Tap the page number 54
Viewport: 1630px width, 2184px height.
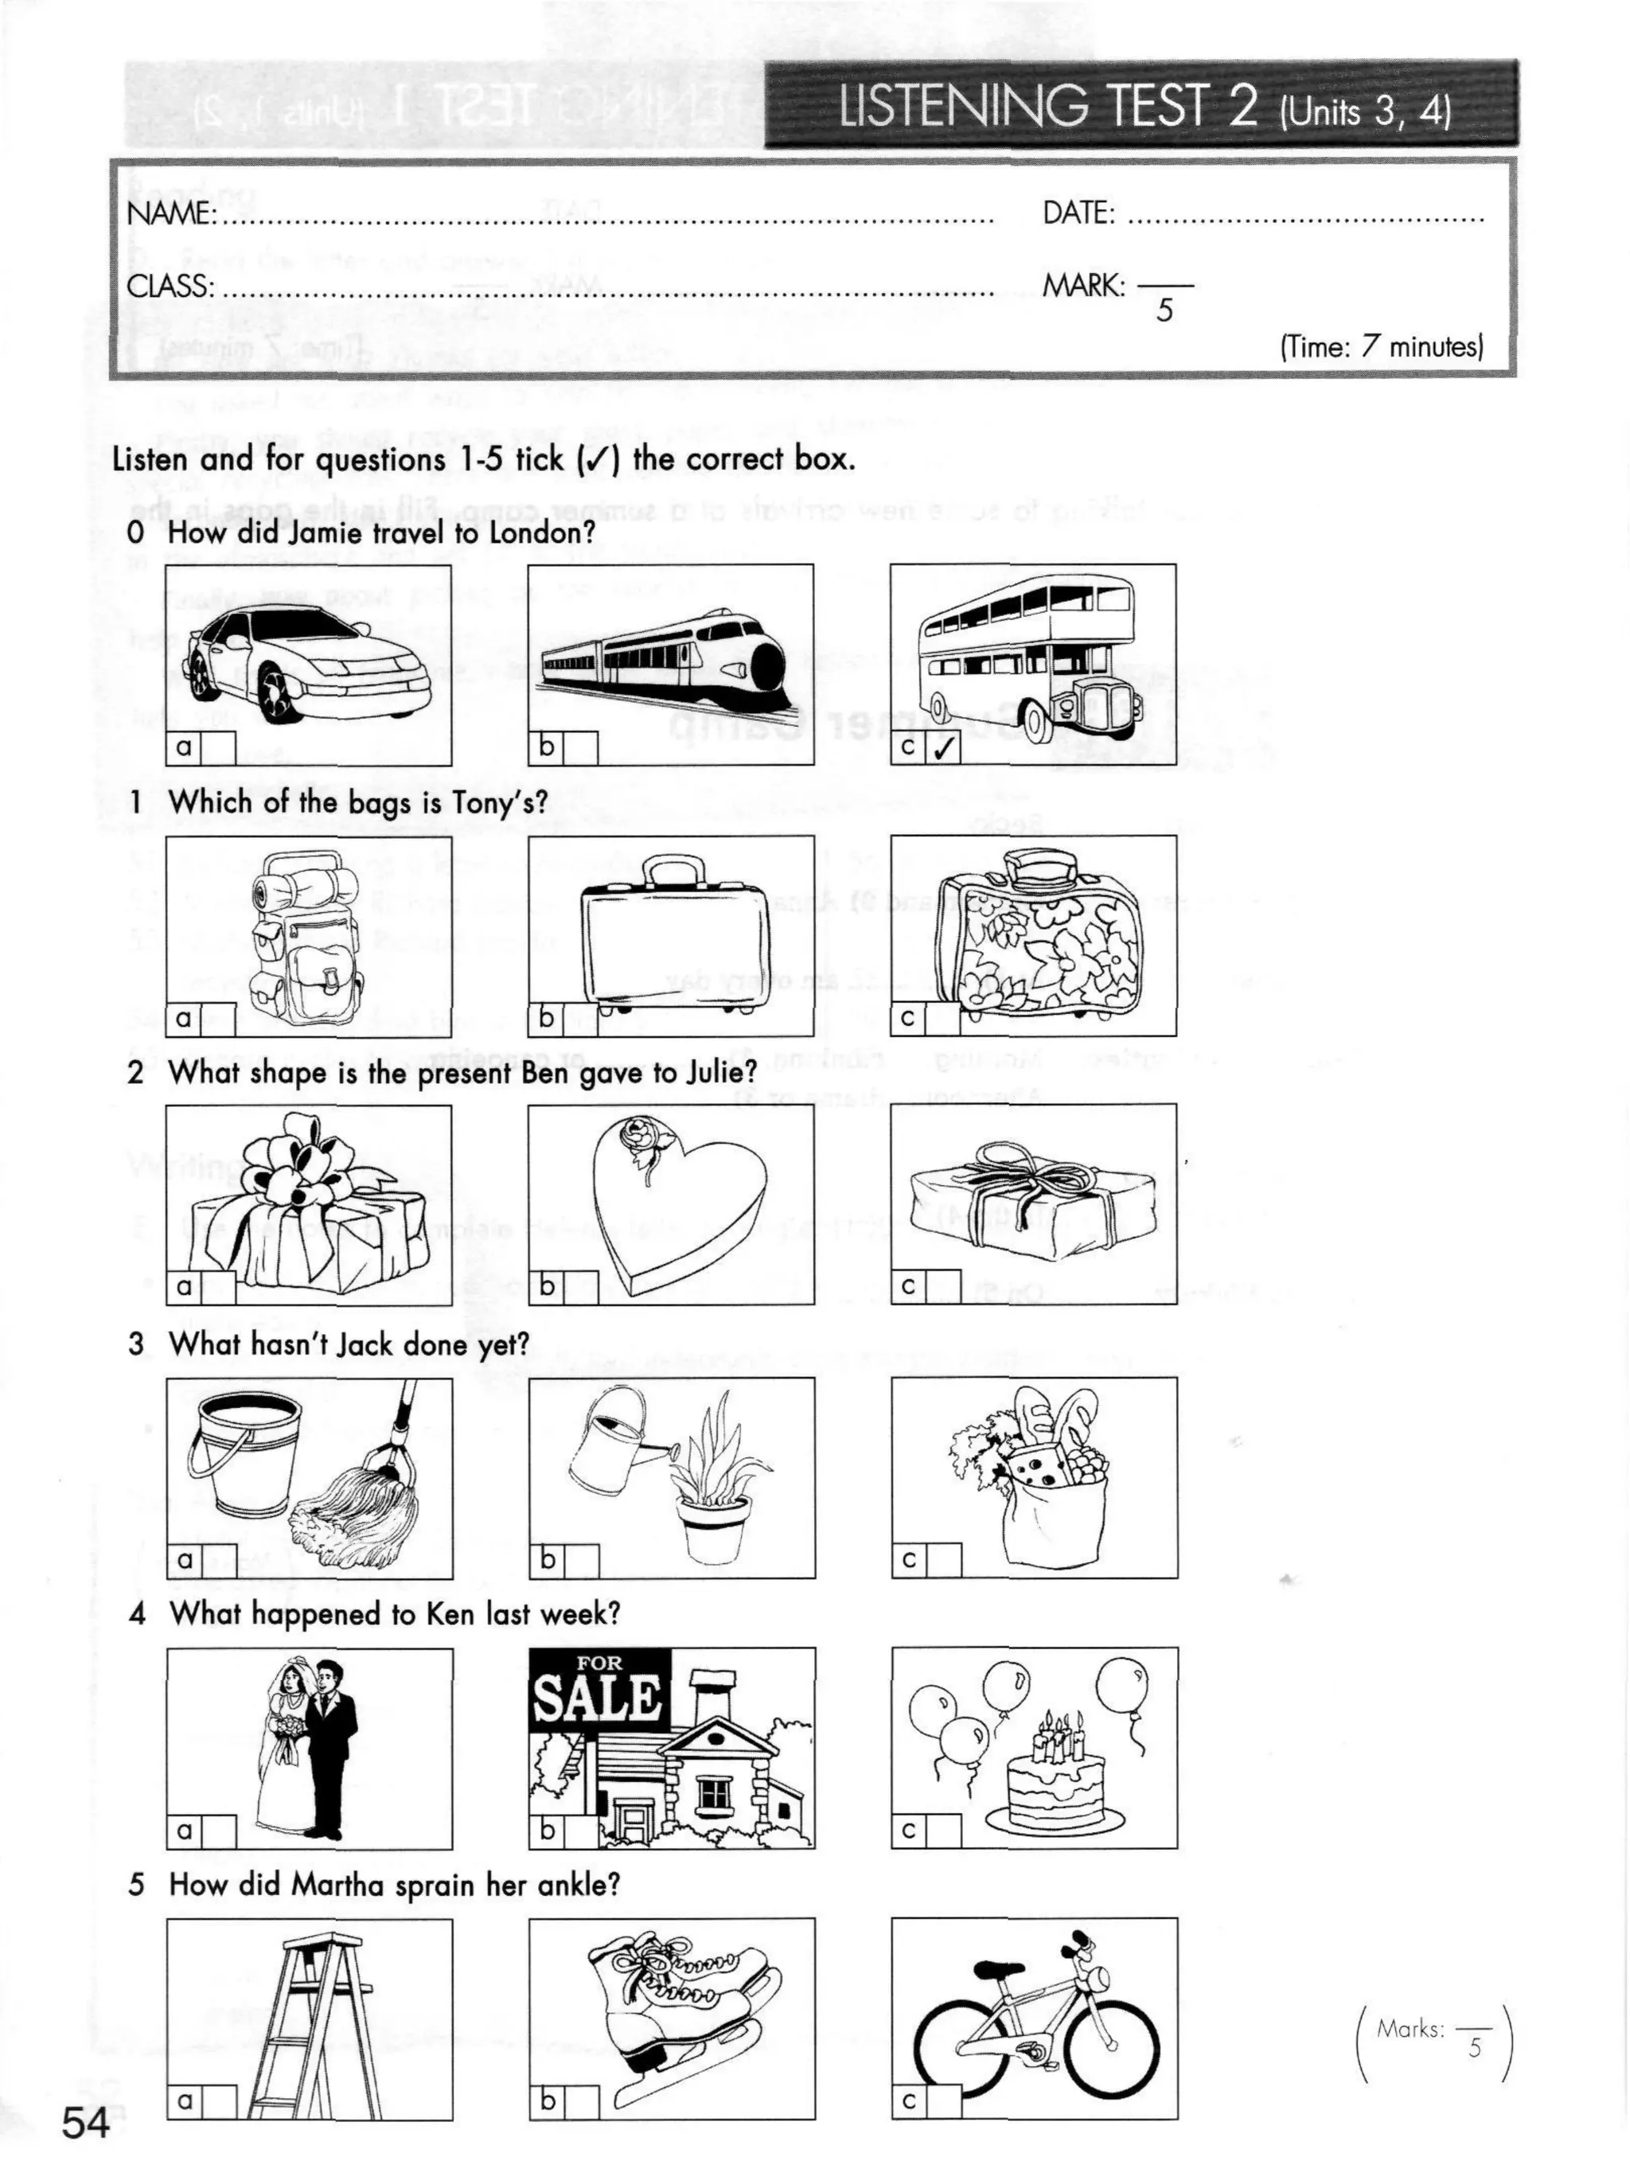coord(86,2123)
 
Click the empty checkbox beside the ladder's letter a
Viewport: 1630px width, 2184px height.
coord(220,2102)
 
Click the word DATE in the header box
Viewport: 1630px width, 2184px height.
coord(1078,213)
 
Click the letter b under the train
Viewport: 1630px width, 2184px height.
coord(546,747)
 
